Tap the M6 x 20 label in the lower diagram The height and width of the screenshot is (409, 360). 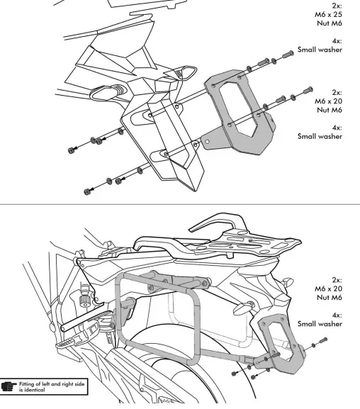click(329, 289)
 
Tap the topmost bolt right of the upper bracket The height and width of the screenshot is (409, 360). click(289, 54)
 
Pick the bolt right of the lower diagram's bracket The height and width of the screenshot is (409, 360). click(319, 342)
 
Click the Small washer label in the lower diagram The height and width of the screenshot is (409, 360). click(320, 323)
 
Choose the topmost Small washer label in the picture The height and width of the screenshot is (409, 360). click(320, 50)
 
